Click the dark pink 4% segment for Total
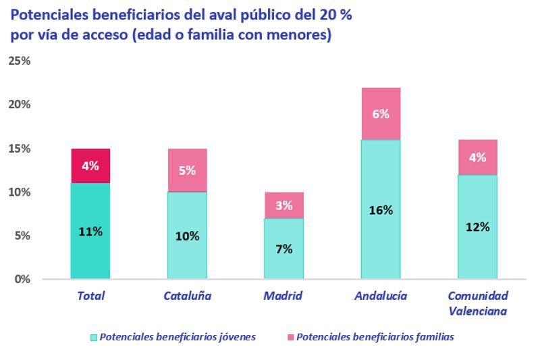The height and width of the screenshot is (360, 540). coord(90,165)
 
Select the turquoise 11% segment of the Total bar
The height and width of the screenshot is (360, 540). coord(90,230)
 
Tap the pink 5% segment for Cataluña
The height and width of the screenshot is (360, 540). coord(187,170)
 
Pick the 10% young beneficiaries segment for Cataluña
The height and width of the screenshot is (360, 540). coord(187,235)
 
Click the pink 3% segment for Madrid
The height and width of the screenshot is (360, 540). coord(283,205)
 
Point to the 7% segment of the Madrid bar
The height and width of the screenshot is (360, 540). coord(283,248)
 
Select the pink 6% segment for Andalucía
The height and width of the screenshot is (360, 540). coord(381,113)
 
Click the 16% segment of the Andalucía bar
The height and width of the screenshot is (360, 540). coord(381,209)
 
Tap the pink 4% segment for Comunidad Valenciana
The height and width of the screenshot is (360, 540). coord(477,157)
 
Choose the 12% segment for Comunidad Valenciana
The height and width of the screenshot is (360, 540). coord(477,226)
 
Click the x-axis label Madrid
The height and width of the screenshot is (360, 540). coord(283,296)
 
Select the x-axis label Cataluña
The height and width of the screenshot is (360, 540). coord(187,296)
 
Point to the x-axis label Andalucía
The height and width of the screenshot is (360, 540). coord(381,296)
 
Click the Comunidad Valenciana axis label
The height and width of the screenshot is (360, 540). coord(477,303)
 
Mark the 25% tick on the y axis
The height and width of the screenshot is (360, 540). coord(19,61)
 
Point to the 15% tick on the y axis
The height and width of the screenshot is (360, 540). coord(19,149)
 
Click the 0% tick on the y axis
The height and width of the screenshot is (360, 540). coord(22,279)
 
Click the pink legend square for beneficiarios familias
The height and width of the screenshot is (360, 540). coord(290,337)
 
